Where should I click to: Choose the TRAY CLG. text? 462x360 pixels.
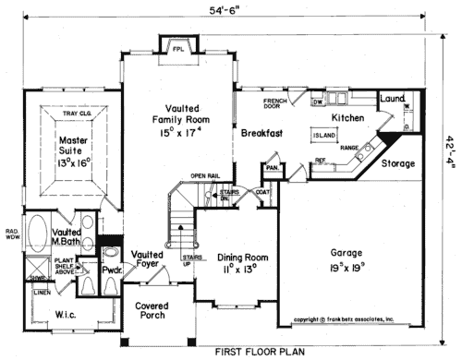point(76,114)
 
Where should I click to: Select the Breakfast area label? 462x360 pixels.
point(261,134)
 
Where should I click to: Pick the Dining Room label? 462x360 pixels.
point(242,263)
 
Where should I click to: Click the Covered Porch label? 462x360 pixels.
point(154,311)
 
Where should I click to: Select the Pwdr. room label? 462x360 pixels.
point(114,272)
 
